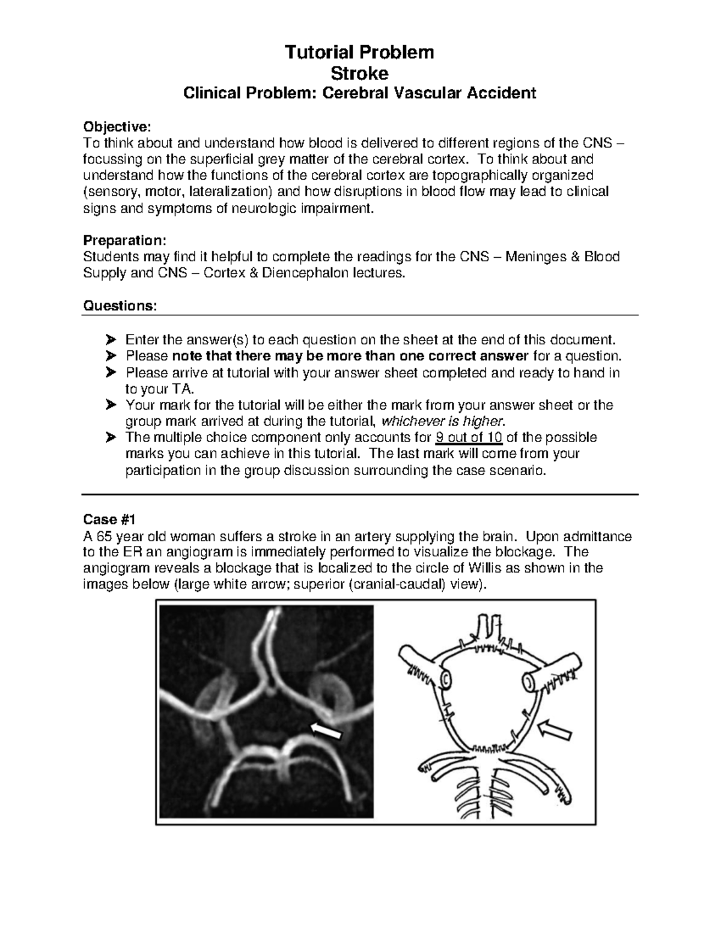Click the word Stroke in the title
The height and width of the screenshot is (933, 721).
[360, 73]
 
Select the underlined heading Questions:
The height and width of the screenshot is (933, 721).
[120, 306]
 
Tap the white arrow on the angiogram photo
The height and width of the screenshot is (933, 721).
[326, 731]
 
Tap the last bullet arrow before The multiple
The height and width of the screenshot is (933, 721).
[110, 437]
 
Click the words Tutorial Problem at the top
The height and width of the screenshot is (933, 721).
[360, 53]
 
